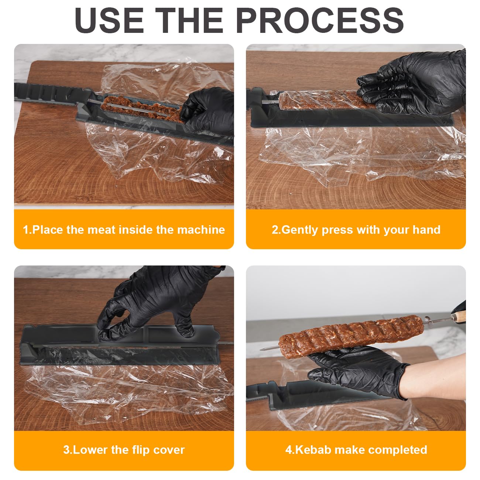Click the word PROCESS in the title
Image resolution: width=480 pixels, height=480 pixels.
point(320,20)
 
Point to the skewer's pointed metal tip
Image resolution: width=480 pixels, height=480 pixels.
point(261,350)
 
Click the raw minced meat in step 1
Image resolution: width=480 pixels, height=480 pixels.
point(142,108)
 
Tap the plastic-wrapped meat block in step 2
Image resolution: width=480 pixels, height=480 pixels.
point(324,100)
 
